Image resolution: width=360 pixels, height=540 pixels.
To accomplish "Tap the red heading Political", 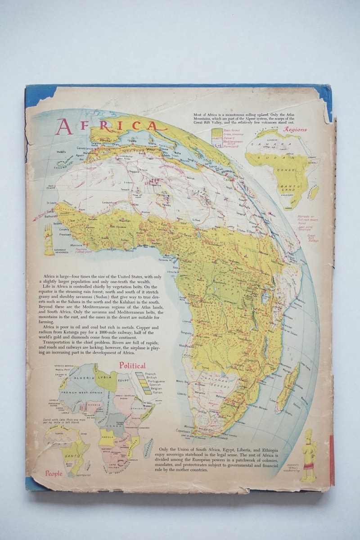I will (x=132, y=365).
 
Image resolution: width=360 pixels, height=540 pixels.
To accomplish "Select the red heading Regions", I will (x=295, y=130).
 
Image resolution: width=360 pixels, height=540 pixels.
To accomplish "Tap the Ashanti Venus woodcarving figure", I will (x=308, y=454).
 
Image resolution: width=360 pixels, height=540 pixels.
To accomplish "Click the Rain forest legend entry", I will (x=231, y=130).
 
